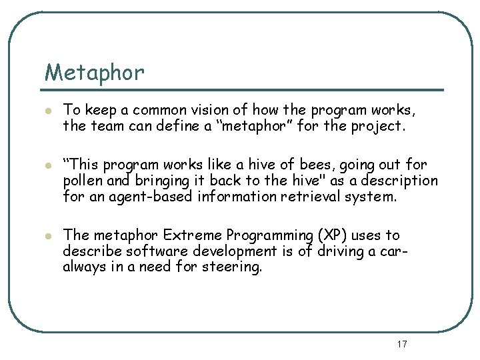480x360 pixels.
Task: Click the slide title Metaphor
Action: point(94,72)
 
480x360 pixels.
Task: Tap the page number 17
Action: point(401,344)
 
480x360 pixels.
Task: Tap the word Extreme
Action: point(193,235)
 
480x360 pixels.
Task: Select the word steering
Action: point(234,267)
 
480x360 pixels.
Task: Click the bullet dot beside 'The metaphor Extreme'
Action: point(47,236)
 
